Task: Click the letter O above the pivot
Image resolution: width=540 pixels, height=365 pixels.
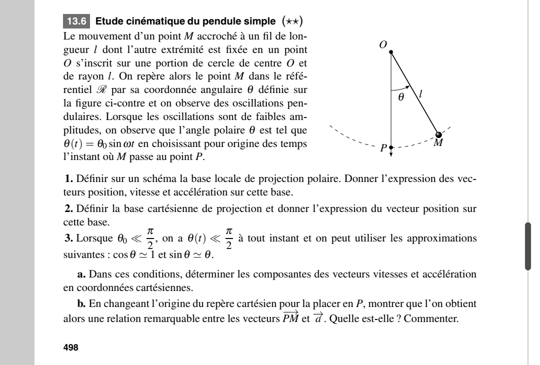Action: pyautogui.click(x=383, y=44)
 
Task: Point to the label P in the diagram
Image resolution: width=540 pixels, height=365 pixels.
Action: pyautogui.click(x=383, y=148)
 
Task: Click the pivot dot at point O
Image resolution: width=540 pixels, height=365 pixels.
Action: pyautogui.click(x=391, y=51)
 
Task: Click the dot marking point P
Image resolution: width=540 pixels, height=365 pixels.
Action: pyautogui.click(x=391, y=148)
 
